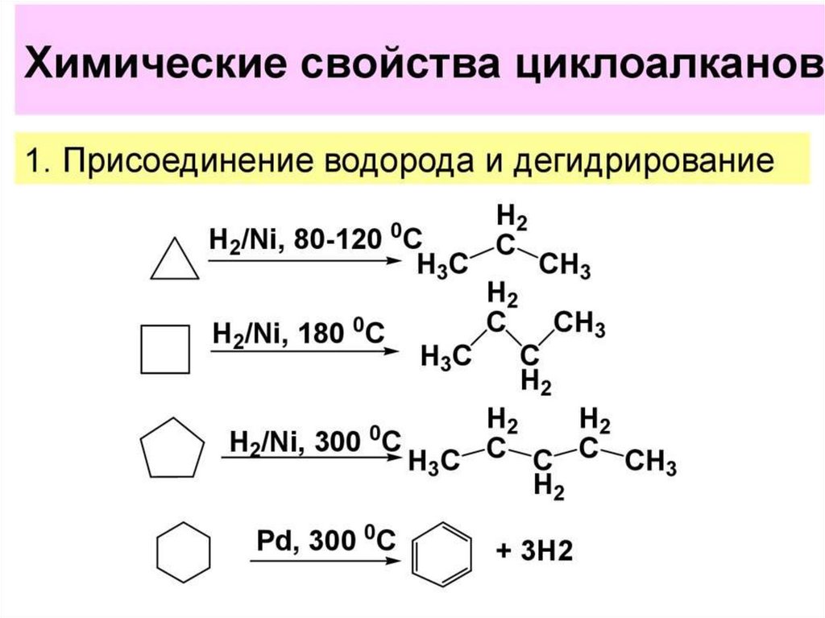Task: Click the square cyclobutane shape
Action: pos(165,349)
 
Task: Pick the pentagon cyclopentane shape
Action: pos(172,447)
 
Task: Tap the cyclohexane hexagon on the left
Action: pos(183,553)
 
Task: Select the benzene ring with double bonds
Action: pos(442,554)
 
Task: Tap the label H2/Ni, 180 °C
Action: pos(298,332)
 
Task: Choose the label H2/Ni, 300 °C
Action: pos(315,442)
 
